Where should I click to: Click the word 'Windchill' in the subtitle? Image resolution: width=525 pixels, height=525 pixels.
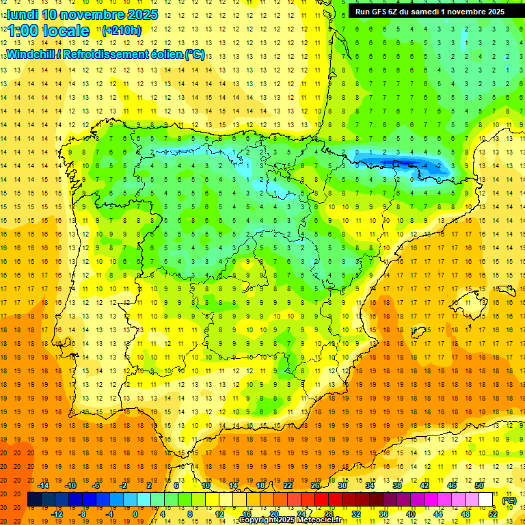pyautogui.click(x=31, y=54)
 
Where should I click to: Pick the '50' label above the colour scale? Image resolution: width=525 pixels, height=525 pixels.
pyautogui.click(x=479, y=485)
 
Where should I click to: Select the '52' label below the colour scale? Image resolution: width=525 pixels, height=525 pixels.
pyautogui.click(x=493, y=513)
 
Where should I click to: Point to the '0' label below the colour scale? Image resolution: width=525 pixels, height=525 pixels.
pyautogui.click(x=135, y=513)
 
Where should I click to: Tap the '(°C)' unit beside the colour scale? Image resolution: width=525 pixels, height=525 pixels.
pyautogui.click(x=509, y=500)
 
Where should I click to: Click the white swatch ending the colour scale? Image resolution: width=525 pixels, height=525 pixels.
pyautogui.click(x=485, y=500)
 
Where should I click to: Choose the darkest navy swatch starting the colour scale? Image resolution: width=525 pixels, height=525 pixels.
pyautogui.click(x=34, y=500)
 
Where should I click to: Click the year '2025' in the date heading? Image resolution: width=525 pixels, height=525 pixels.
pyautogui.click(x=142, y=14)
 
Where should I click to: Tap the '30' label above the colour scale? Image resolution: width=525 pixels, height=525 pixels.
pyautogui.click(x=342, y=485)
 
